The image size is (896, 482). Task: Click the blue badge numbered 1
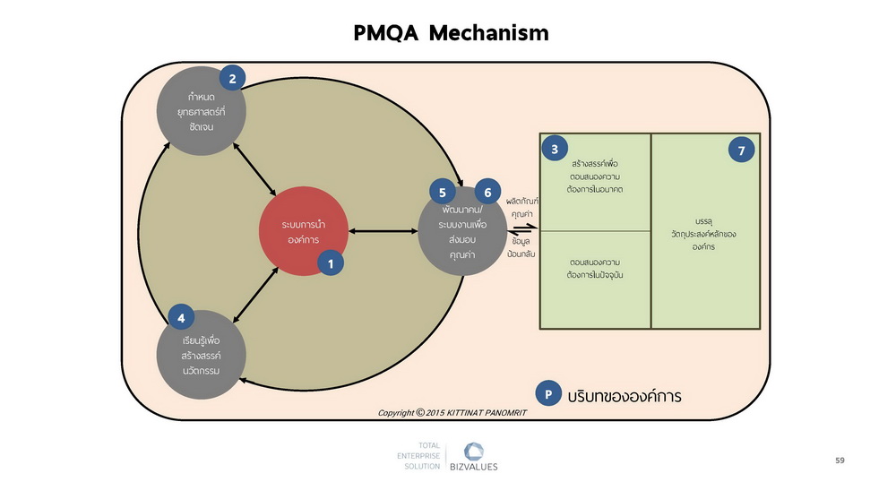(331, 263)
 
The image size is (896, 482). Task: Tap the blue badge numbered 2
(232, 79)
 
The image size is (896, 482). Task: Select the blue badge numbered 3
(555, 149)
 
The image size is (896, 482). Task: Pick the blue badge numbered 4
(181, 317)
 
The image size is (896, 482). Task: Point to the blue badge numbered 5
(443, 193)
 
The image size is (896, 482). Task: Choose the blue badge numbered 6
(487, 193)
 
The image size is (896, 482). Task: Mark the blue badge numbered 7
(741, 151)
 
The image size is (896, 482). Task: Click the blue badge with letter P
(548, 393)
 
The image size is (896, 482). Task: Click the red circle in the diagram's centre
(304, 231)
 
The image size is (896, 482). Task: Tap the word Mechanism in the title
(488, 33)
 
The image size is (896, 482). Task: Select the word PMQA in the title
(386, 33)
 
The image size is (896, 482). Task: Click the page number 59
(840, 460)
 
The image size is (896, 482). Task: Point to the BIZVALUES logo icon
(474, 452)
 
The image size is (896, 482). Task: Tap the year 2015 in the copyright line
(435, 413)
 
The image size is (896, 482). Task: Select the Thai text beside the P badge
(625, 396)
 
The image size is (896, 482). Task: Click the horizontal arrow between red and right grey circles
(383, 231)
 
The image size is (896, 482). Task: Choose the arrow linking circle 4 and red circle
(255, 295)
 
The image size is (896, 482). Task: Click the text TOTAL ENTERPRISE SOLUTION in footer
(418, 456)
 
